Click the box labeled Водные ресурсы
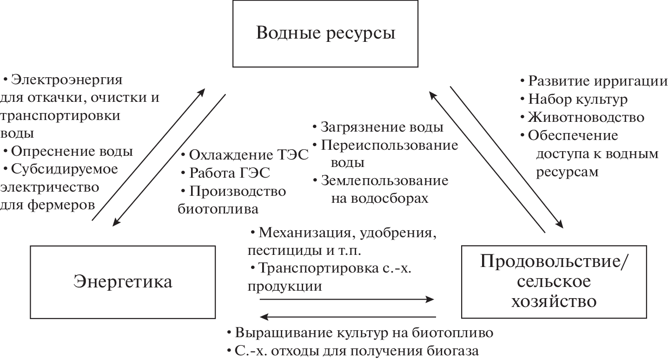point(325,34)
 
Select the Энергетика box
point(123,282)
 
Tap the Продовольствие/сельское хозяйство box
point(553,282)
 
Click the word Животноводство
point(586,117)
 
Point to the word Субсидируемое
point(65,169)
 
